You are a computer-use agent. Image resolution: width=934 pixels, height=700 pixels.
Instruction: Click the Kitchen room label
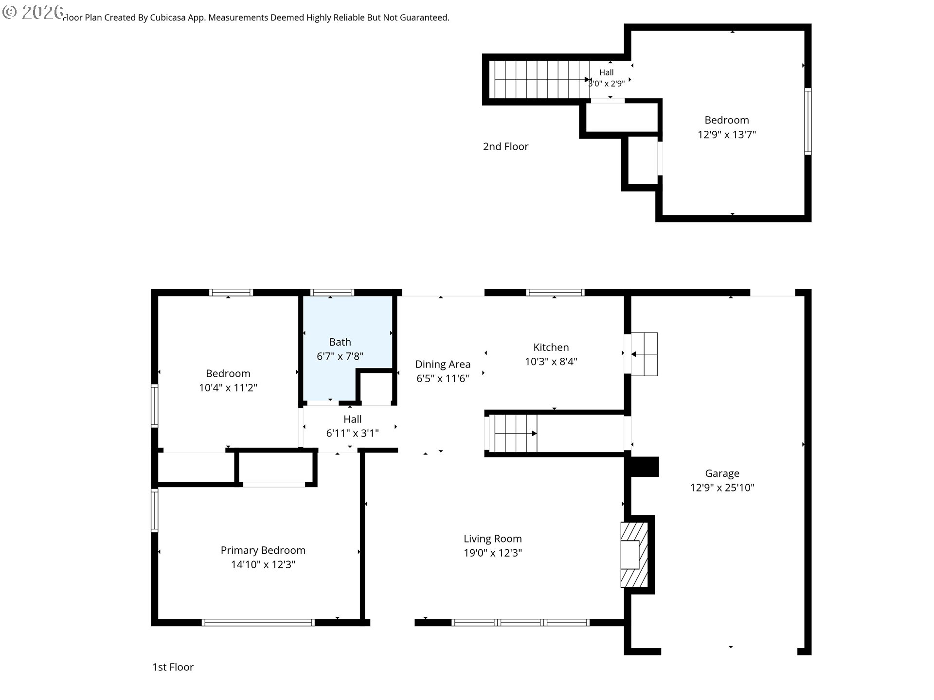551,347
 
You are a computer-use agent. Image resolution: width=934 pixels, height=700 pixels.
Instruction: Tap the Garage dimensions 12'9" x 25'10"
722,487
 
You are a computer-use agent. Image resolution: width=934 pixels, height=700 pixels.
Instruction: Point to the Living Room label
492,539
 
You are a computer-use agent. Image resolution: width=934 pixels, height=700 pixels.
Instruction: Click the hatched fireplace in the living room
634,555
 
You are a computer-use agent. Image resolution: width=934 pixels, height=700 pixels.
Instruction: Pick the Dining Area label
443,364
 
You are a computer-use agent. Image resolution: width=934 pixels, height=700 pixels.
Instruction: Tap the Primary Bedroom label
263,550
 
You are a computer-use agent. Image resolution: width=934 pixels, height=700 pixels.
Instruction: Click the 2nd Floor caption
505,146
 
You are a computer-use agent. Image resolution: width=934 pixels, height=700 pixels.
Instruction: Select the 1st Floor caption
173,667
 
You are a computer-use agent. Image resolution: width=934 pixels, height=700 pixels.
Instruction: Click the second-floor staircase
540,79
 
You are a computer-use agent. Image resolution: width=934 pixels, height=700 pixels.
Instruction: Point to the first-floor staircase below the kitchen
513,433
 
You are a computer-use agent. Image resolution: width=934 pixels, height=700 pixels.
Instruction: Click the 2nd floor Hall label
606,72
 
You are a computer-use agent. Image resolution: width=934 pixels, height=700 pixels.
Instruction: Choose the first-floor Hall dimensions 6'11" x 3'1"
352,433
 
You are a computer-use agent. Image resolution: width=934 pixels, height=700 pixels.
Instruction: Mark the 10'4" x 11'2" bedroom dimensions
228,387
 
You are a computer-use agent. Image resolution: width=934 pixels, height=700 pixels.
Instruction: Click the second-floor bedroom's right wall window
808,122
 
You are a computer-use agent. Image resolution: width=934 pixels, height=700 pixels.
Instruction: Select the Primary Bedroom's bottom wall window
258,622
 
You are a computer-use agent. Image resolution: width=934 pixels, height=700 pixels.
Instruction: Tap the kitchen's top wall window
555,292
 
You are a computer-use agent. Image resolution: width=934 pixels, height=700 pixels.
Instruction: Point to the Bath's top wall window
332,292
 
